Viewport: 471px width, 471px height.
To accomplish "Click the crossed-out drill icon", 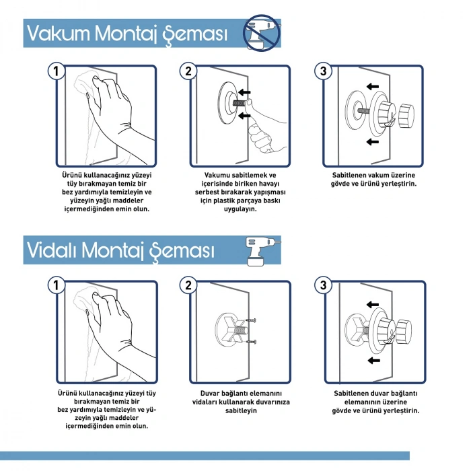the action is click(262, 32).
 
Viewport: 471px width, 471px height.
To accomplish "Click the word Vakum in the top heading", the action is click(59, 33).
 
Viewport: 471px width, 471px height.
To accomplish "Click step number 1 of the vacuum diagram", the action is click(56, 71).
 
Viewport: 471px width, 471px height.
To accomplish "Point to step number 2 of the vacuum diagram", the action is click(188, 71).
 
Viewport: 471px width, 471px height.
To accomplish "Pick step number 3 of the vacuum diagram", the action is click(323, 71).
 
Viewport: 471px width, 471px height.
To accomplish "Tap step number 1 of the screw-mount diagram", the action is click(56, 285).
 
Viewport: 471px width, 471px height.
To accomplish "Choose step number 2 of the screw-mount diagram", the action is click(188, 285).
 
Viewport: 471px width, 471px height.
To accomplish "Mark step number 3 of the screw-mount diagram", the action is click(323, 285).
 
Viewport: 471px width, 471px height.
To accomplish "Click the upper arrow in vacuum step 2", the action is click(244, 92).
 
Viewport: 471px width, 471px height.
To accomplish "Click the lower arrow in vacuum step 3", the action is click(373, 141).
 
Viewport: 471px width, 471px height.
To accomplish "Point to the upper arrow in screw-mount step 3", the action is click(373, 305).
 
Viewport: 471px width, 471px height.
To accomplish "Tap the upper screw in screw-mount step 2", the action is click(251, 320).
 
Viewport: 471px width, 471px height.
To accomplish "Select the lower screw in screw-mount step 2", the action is click(251, 342).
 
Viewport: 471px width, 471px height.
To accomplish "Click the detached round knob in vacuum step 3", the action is click(406, 116).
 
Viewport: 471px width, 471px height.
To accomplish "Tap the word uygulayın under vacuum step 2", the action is click(240, 209).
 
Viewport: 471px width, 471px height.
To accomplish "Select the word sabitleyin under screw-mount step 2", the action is click(241, 410).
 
